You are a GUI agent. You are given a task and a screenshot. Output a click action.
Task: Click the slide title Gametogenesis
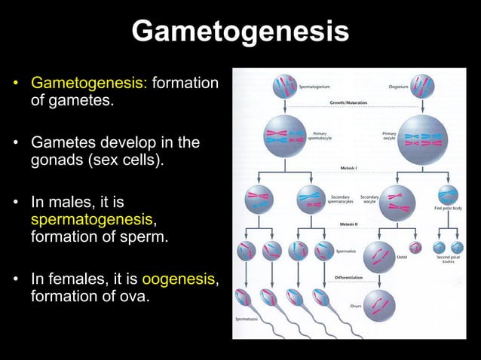[x=240, y=32]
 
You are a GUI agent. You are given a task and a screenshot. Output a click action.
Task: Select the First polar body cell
[x=448, y=196]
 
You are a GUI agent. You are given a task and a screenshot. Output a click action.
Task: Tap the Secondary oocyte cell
[x=397, y=201]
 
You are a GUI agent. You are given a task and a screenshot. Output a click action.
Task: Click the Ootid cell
[x=379, y=257]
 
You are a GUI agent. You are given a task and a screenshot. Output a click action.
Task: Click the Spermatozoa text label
[x=250, y=319]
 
